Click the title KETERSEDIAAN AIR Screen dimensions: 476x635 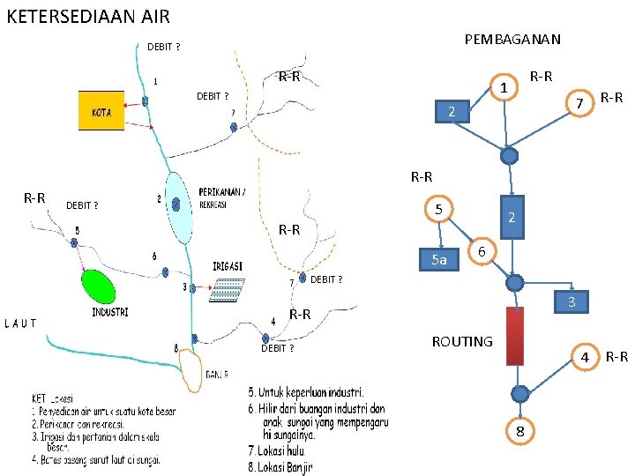(87, 16)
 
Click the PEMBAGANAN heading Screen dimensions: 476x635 (512, 40)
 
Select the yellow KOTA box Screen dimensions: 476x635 (101, 111)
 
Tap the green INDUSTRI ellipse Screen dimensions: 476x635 (99, 286)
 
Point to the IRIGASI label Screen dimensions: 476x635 (228, 266)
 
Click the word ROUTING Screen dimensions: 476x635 (462, 341)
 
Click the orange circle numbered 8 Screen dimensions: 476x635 (520, 431)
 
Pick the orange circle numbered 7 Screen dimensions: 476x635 (579, 104)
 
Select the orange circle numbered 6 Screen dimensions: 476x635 (481, 251)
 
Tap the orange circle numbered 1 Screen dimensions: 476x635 (503, 87)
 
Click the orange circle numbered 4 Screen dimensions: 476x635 (583, 357)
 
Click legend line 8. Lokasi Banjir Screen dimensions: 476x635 (280, 467)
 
